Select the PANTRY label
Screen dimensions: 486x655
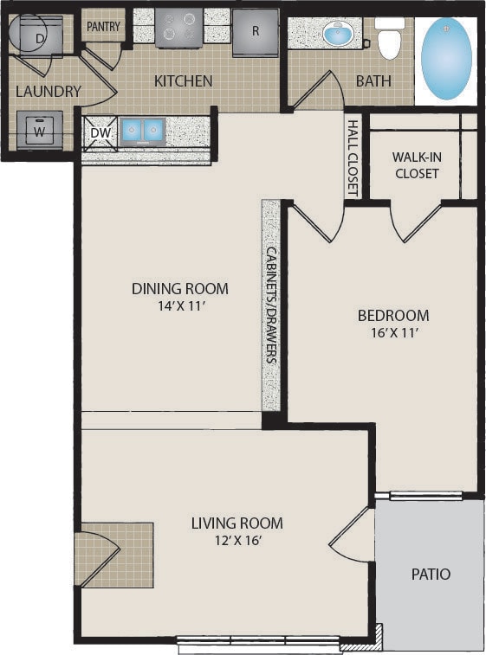point(103,27)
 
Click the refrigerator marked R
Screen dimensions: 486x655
point(256,32)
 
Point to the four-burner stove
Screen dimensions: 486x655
point(179,27)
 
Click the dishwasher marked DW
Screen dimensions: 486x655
point(100,133)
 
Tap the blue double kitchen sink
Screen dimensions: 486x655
point(142,132)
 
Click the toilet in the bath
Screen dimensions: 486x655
point(389,38)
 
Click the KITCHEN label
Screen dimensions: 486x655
point(183,81)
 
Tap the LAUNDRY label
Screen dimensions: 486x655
point(49,91)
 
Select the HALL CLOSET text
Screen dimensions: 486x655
point(353,157)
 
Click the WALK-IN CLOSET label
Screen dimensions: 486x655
point(417,165)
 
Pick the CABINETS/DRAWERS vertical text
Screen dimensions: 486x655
point(272,305)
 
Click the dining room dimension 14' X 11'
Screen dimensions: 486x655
point(180,306)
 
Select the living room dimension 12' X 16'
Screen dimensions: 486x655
point(238,541)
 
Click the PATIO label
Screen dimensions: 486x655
point(431,574)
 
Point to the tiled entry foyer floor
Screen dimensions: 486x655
point(117,555)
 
